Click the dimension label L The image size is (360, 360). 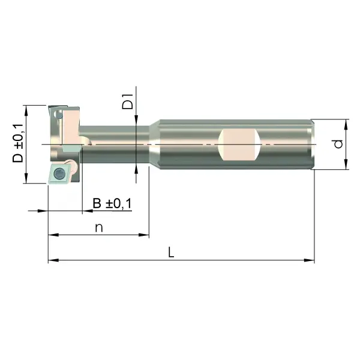(171, 252)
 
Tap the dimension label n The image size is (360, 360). (99, 228)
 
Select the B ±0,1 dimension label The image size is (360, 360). (112, 203)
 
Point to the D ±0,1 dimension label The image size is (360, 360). (18, 143)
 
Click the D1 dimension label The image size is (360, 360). (127, 101)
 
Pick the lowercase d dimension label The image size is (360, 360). (338, 144)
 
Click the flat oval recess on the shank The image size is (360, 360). (239, 145)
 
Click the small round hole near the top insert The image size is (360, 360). (59, 115)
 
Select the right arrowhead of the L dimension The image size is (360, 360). (309, 260)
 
